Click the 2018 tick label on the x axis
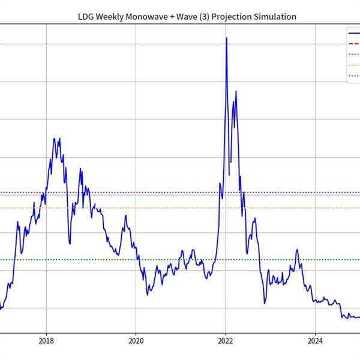pos(46,341)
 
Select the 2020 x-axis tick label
pos(136,341)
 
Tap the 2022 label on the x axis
pos(226,341)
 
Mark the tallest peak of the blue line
pos(226,38)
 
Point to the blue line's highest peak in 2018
pos(54,139)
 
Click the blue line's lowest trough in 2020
pos(148,295)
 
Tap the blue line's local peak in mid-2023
pos(297,250)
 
